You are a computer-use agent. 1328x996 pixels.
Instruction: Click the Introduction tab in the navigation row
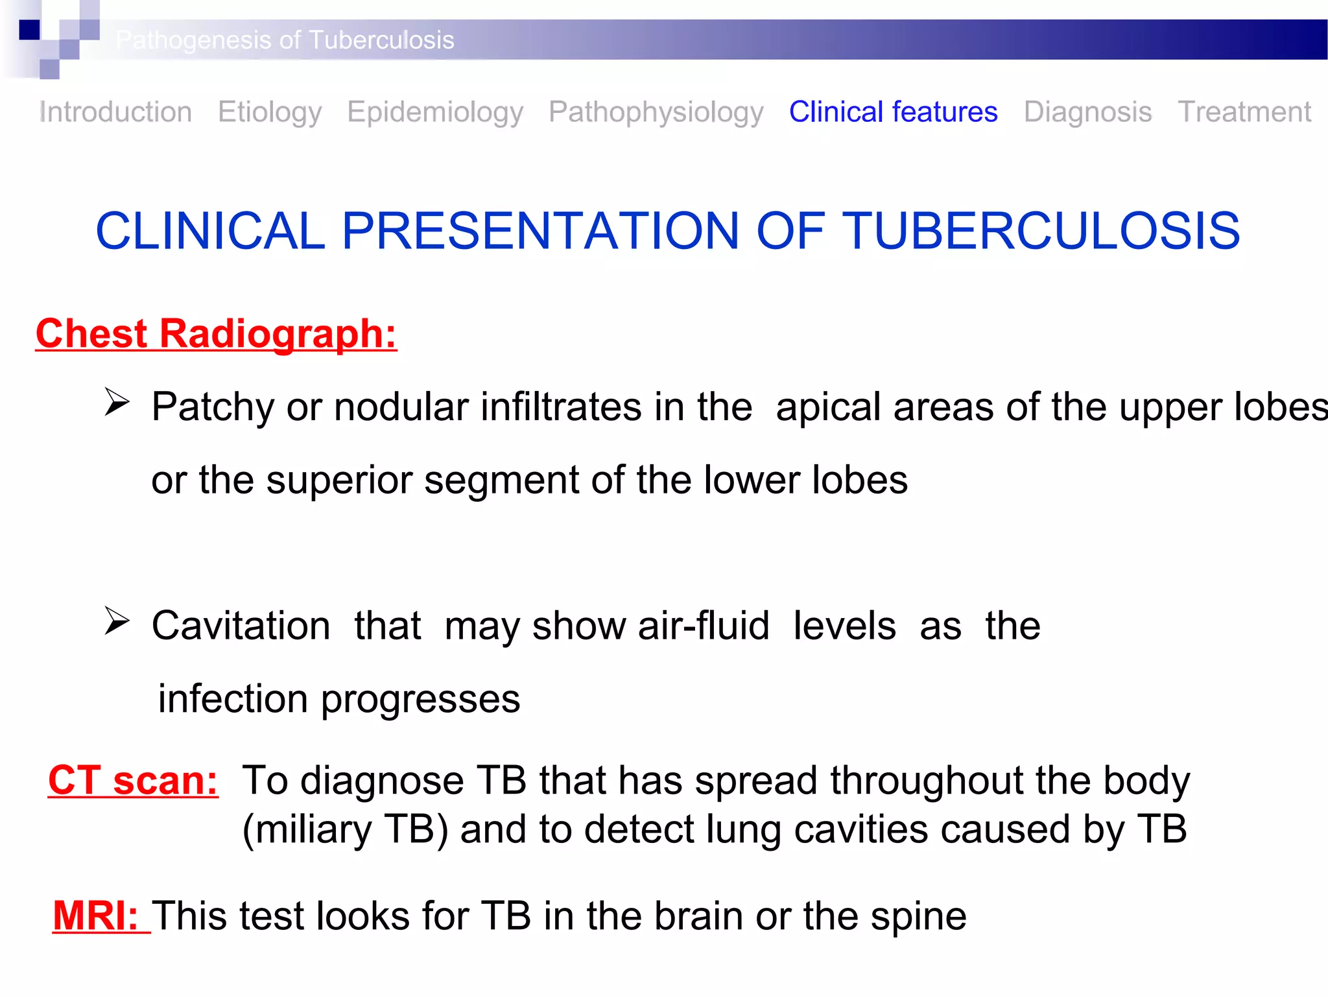pyautogui.click(x=115, y=112)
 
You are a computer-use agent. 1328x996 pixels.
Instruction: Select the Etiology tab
pyautogui.click(x=269, y=112)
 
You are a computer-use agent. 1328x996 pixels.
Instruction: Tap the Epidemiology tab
pyautogui.click(x=435, y=112)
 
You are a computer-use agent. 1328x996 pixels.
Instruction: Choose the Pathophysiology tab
pyautogui.click(x=656, y=112)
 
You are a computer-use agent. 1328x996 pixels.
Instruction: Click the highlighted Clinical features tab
pyautogui.click(x=893, y=112)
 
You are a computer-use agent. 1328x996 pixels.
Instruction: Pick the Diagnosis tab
pyautogui.click(x=1087, y=112)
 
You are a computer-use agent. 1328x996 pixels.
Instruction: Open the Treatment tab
pyautogui.click(x=1244, y=112)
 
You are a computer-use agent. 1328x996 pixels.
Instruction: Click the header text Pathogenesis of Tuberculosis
pyautogui.click(x=285, y=40)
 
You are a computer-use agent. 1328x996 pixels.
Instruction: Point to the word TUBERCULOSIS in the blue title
pyautogui.click(x=1041, y=231)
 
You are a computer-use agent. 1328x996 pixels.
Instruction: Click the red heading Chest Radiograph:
pyautogui.click(x=216, y=334)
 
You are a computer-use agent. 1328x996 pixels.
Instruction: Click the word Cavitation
pyautogui.click(x=241, y=626)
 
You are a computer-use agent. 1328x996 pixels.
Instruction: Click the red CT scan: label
pyautogui.click(x=133, y=780)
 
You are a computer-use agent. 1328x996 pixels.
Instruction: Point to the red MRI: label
pyautogui.click(x=96, y=916)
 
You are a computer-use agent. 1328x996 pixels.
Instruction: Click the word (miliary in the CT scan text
pyautogui.click(x=307, y=830)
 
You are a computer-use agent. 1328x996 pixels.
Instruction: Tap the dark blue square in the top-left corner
pyautogui.click(x=29, y=30)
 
